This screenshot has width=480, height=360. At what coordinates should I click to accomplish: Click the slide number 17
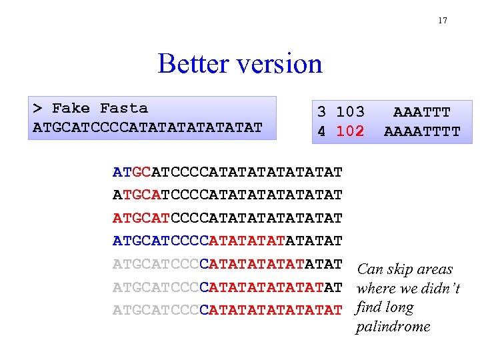coord(443,21)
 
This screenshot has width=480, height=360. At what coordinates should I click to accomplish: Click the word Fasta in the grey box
coord(124,108)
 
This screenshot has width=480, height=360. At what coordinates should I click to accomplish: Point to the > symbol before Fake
coord(38,108)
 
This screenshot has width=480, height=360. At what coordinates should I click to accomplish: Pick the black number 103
coord(350,112)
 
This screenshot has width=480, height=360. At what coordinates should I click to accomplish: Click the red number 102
coord(350,131)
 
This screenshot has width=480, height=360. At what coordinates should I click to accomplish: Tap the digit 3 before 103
coord(321,112)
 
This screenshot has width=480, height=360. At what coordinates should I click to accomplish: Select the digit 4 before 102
coord(321,131)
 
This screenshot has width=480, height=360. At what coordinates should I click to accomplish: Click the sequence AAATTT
coord(421,112)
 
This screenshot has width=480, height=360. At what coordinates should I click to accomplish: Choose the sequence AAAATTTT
coord(421,131)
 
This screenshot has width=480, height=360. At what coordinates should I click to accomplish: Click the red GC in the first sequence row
coord(141,173)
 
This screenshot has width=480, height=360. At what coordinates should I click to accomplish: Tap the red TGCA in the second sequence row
coord(141,195)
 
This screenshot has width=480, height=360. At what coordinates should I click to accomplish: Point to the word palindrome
coord(394,327)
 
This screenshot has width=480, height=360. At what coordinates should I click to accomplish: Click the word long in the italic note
coord(399,307)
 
